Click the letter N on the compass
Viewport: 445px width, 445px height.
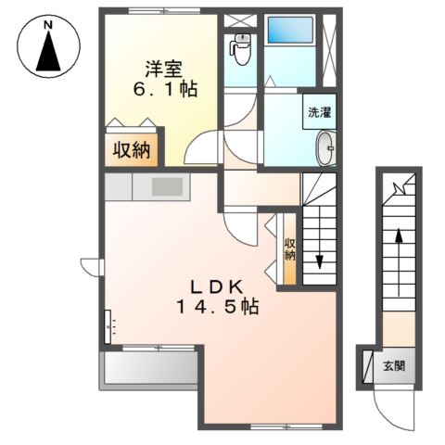(x=47, y=25)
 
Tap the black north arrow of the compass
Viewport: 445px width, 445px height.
(x=48, y=51)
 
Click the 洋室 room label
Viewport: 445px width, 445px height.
(x=164, y=69)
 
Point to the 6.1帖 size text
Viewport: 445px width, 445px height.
(x=165, y=89)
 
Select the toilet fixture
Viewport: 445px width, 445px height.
(x=240, y=49)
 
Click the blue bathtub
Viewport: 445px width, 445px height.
(x=290, y=30)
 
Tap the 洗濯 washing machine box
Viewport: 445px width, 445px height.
(x=319, y=111)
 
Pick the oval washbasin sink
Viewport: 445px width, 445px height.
(x=326, y=147)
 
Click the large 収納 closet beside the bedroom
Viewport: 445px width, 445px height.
(x=132, y=150)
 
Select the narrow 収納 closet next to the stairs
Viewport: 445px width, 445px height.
(x=289, y=248)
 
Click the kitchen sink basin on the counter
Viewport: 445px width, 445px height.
(x=167, y=187)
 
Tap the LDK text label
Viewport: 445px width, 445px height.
(x=217, y=288)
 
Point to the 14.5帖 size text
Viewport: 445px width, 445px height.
(x=217, y=307)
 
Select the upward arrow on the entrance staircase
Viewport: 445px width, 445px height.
(x=399, y=262)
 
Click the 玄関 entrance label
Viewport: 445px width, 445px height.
(x=394, y=366)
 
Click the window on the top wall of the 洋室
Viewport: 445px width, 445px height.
(x=164, y=11)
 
